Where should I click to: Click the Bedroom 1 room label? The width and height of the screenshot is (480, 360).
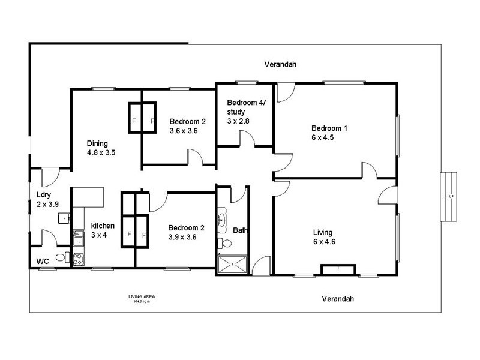(329, 128)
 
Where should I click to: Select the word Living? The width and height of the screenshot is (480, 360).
(323, 232)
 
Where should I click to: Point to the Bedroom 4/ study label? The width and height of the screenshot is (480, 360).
(246, 106)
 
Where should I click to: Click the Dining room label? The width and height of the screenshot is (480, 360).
(97, 143)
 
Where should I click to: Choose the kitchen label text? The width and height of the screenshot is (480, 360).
(103, 226)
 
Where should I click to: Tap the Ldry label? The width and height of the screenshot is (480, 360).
(43, 195)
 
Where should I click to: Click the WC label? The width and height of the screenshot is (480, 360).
(43, 262)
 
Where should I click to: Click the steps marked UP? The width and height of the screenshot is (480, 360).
(448, 196)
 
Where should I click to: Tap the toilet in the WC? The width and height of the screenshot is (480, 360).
(61, 258)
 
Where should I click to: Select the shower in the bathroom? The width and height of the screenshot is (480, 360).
(232, 263)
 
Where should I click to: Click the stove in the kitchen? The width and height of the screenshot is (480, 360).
(78, 259)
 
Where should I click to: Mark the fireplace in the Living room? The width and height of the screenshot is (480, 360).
(339, 269)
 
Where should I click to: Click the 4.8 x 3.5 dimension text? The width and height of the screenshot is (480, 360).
(101, 153)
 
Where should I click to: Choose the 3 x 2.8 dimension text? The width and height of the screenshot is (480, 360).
(238, 121)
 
